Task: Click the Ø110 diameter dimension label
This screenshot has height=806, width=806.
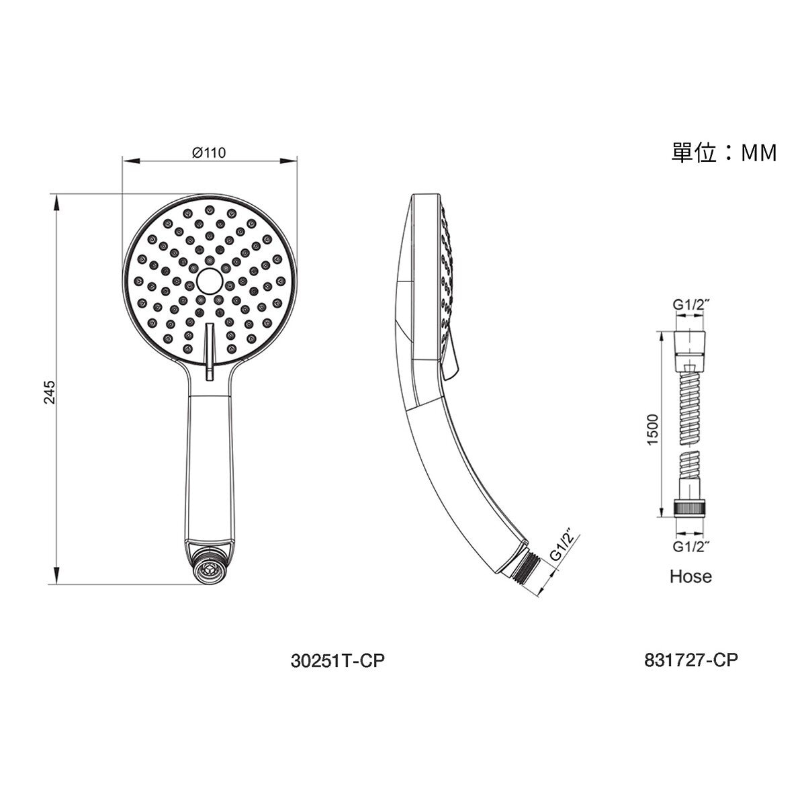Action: [x=209, y=152]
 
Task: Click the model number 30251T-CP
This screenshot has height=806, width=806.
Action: [x=339, y=661]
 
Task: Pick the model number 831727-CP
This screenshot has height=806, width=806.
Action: [x=690, y=661]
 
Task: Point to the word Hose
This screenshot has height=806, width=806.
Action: [x=690, y=576]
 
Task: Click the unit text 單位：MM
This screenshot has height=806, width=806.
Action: [x=724, y=153]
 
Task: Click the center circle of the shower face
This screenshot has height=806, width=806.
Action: [x=209, y=280]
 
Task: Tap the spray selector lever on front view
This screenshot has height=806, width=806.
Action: [x=209, y=346]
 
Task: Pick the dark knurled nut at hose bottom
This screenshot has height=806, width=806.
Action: [x=690, y=507]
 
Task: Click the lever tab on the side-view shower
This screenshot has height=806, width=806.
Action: [x=451, y=356]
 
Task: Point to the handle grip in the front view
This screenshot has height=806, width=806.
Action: [x=209, y=463]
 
